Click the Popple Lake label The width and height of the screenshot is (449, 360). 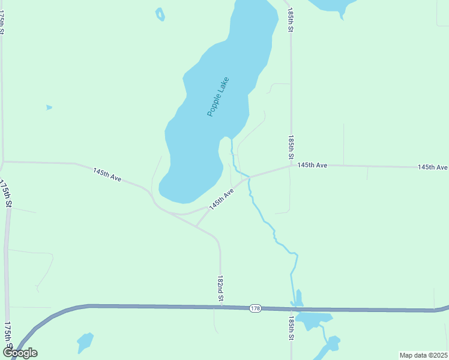coord(218,97)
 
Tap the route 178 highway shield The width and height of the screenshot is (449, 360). coord(255,308)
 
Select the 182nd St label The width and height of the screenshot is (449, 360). coord(220,289)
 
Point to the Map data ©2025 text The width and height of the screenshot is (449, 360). coord(423,355)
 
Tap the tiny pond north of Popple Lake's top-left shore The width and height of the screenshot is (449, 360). coord(160,14)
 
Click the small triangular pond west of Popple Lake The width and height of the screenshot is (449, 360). coord(49,107)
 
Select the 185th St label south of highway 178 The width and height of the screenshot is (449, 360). coord(291,328)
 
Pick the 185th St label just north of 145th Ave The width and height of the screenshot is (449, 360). coord(291,146)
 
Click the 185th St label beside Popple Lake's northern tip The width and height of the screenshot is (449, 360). coord(291,20)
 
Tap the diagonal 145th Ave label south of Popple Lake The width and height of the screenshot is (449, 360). coord(221,199)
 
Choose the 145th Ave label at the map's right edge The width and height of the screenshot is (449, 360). coord(433,167)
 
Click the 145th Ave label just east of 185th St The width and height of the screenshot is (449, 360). coord(312,165)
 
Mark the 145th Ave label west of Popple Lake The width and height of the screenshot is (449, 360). coord(107,175)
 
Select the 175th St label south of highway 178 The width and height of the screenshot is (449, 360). coord(8,336)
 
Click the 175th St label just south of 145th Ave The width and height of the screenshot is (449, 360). coord(6,193)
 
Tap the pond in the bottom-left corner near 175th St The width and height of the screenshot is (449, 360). coord(85,343)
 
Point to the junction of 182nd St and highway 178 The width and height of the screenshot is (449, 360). coord(220,307)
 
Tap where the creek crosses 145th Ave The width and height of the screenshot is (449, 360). coord(249,177)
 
